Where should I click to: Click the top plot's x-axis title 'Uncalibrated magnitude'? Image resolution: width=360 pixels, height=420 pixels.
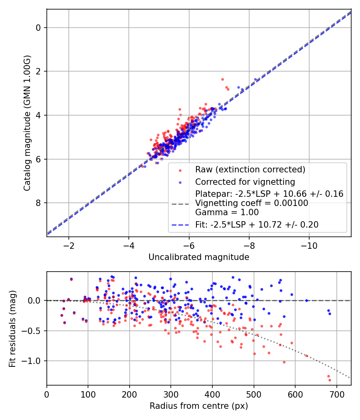pos(199,257)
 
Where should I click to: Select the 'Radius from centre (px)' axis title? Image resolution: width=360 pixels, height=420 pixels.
pos(199,406)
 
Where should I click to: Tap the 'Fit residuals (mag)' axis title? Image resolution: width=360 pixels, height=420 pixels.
pos(12,328)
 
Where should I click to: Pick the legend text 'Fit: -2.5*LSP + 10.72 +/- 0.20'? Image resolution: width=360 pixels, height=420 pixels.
pos(257,225)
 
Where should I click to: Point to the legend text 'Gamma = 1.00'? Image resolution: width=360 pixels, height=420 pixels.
pos(227,212)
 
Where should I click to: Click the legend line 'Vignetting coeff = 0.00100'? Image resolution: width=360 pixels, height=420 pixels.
pos(252,203)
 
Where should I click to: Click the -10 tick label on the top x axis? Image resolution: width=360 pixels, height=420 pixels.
pos(309,244)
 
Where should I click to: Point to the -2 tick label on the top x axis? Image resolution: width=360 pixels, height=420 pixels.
pos(68,244)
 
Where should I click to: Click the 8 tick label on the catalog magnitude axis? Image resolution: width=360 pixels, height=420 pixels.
pos(38,203)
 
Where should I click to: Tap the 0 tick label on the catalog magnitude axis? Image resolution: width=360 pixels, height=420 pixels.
pos(38,28)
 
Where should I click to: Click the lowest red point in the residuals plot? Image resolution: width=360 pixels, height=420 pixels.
pos(330,380)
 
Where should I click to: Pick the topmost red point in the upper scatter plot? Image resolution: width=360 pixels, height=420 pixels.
pos(222,79)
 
